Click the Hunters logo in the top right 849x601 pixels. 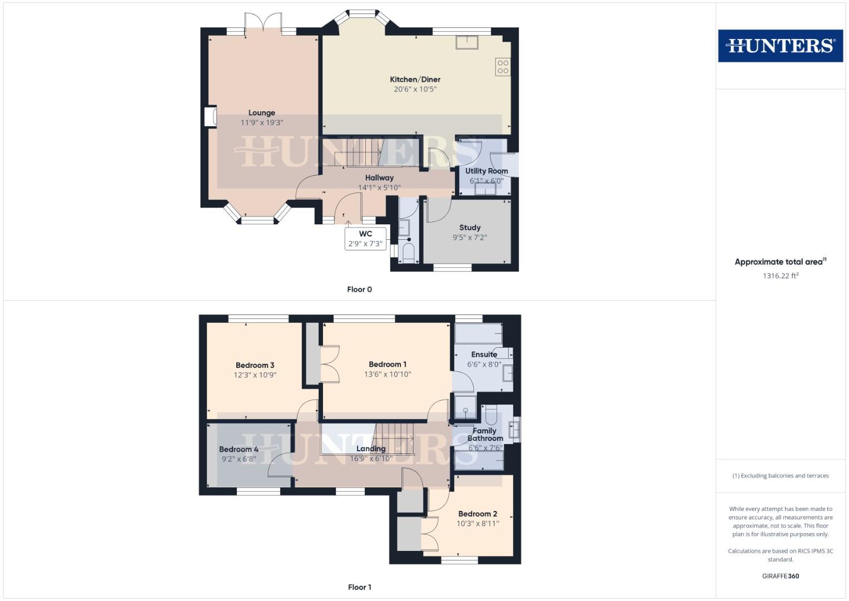click(780, 46)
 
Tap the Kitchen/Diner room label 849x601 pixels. click(415, 80)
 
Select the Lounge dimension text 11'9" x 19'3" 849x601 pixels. click(262, 123)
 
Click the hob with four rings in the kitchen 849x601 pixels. click(503, 67)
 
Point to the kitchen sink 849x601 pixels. click(466, 42)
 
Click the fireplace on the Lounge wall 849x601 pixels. click(211, 117)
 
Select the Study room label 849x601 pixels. click(470, 228)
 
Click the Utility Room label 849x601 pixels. click(486, 171)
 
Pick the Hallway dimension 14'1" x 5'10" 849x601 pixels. click(379, 188)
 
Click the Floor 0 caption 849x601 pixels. click(359, 289)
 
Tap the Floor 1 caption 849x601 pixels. click(359, 587)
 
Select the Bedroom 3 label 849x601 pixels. click(255, 366)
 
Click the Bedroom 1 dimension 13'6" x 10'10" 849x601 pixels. click(388, 375)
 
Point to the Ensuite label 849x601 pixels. click(484, 354)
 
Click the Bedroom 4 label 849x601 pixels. click(239, 450)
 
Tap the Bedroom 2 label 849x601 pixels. click(478, 514)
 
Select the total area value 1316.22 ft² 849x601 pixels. click(780, 275)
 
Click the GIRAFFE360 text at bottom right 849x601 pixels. click(780, 576)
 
